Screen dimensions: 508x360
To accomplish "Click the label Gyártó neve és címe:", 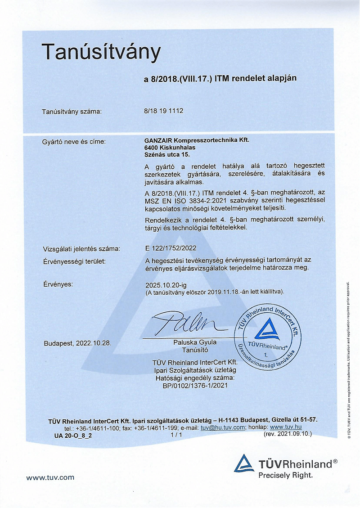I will (x=74, y=142).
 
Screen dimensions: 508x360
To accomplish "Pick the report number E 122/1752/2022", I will (x=171, y=248).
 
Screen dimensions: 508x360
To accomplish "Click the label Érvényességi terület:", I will (x=74, y=261).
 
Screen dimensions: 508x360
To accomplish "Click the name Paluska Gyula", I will (x=194, y=342).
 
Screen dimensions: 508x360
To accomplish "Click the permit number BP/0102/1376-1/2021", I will (x=195, y=385).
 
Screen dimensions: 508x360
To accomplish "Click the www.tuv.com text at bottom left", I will (x=50, y=477).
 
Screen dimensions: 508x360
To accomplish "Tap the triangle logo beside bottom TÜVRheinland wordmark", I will (x=244, y=463).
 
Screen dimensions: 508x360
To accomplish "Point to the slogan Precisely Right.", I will (x=285, y=474).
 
